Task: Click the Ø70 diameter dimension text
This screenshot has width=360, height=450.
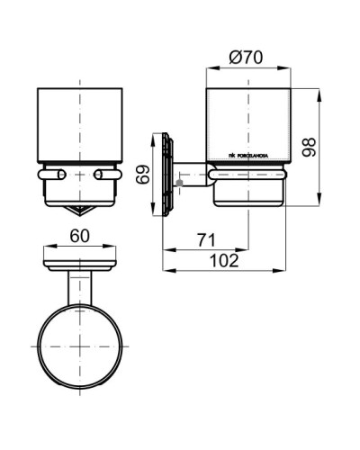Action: point(247,57)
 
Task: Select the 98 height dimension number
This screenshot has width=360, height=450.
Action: point(309,146)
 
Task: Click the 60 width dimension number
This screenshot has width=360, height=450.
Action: point(79,235)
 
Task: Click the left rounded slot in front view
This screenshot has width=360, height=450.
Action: point(52,173)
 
